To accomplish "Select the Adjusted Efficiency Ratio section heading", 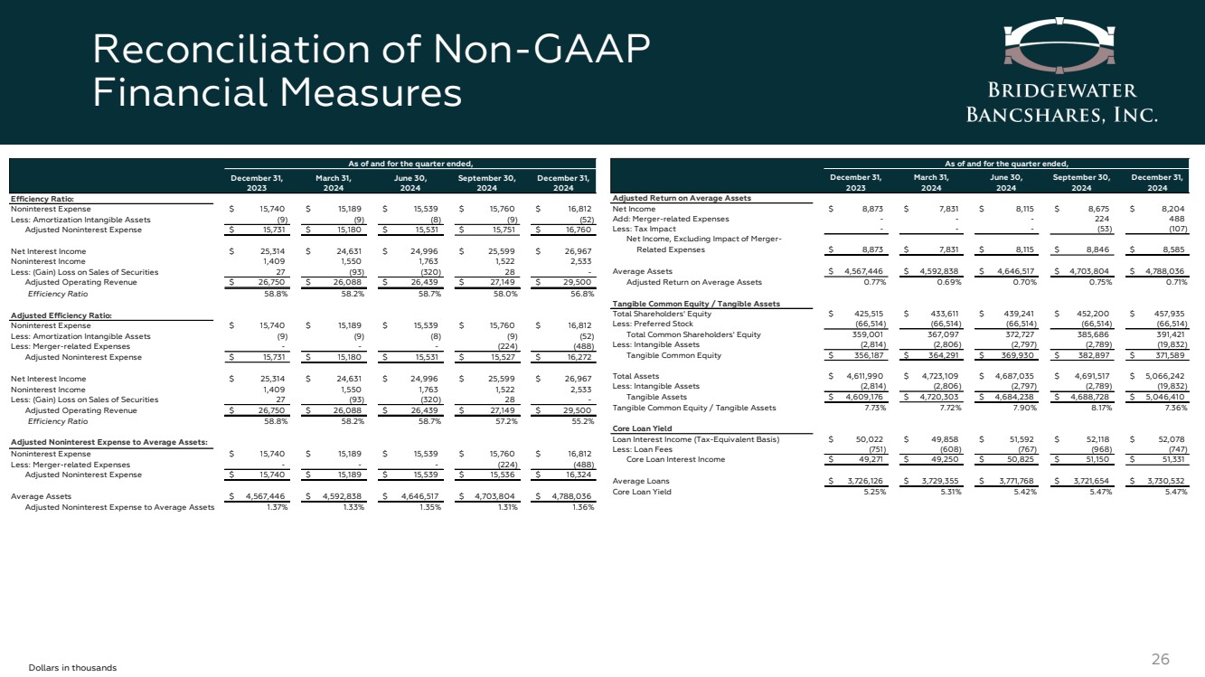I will [x=58, y=315].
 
